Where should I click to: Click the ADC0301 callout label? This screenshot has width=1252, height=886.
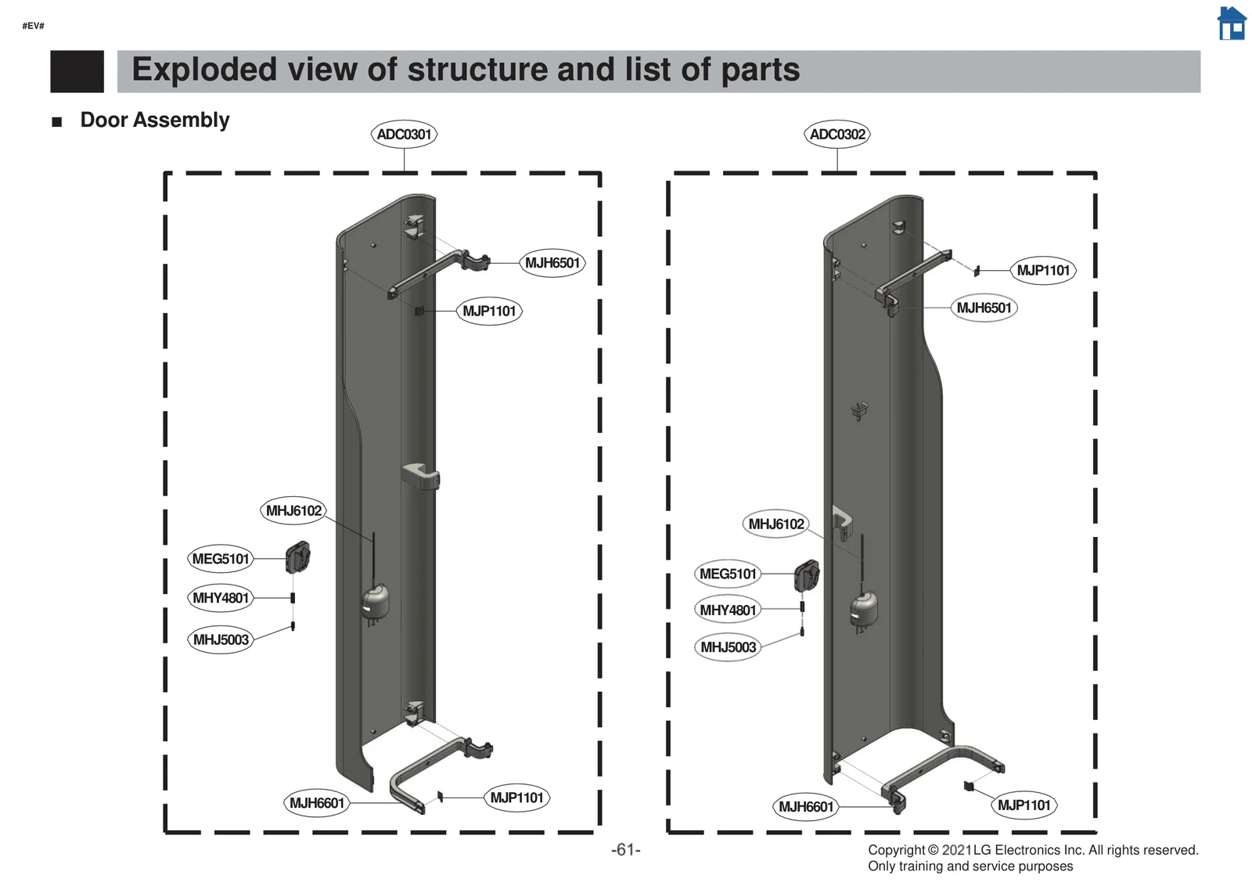tap(404, 134)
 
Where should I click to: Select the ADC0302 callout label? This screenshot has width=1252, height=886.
tap(837, 134)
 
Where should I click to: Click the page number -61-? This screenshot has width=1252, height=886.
tap(625, 850)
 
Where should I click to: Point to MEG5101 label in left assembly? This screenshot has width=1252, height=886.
tap(221, 559)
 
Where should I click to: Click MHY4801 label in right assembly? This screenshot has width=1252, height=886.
tap(728, 610)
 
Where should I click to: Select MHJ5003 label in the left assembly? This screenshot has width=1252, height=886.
tap(221, 639)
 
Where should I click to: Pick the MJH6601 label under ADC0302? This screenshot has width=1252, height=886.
tap(806, 807)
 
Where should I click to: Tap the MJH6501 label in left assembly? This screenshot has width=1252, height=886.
tap(552, 263)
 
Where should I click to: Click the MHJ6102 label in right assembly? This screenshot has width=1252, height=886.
tap(775, 524)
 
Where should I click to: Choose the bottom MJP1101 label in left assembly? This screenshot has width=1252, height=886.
tap(516, 798)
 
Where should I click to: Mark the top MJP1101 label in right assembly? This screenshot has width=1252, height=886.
tap(1043, 270)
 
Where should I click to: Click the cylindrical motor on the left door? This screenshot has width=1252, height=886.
tap(375, 603)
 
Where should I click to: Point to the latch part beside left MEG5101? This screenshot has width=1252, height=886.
tap(298, 557)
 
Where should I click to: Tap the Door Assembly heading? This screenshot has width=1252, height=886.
tap(154, 120)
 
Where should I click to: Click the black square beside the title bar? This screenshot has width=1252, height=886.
tap(77, 71)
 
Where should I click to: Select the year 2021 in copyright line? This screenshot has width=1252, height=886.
tap(956, 850)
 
